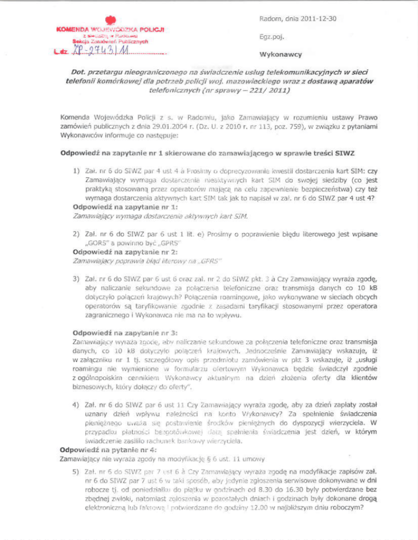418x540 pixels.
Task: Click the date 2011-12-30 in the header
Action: click(316, 19)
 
